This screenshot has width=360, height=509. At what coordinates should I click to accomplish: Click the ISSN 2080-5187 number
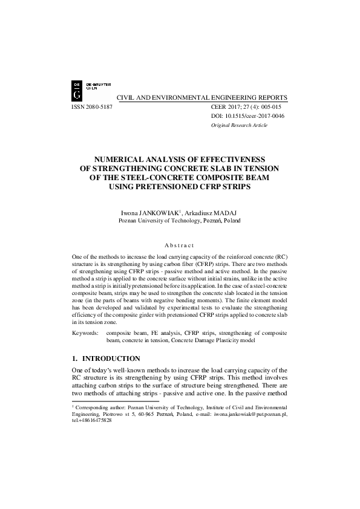(x=92, y=106)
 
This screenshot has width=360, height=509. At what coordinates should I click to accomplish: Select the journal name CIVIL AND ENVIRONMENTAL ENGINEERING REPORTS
(x=201, y=97)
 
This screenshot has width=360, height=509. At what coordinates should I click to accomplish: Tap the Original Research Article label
(x=238, y=125)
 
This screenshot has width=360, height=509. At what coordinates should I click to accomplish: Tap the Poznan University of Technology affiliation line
(x=180, y=222)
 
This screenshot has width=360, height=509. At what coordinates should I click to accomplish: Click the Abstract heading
(x=180, y=245)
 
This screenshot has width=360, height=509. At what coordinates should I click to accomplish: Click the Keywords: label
(x=85, y=332)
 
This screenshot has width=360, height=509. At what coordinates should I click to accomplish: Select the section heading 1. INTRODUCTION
(x=106, y=358)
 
